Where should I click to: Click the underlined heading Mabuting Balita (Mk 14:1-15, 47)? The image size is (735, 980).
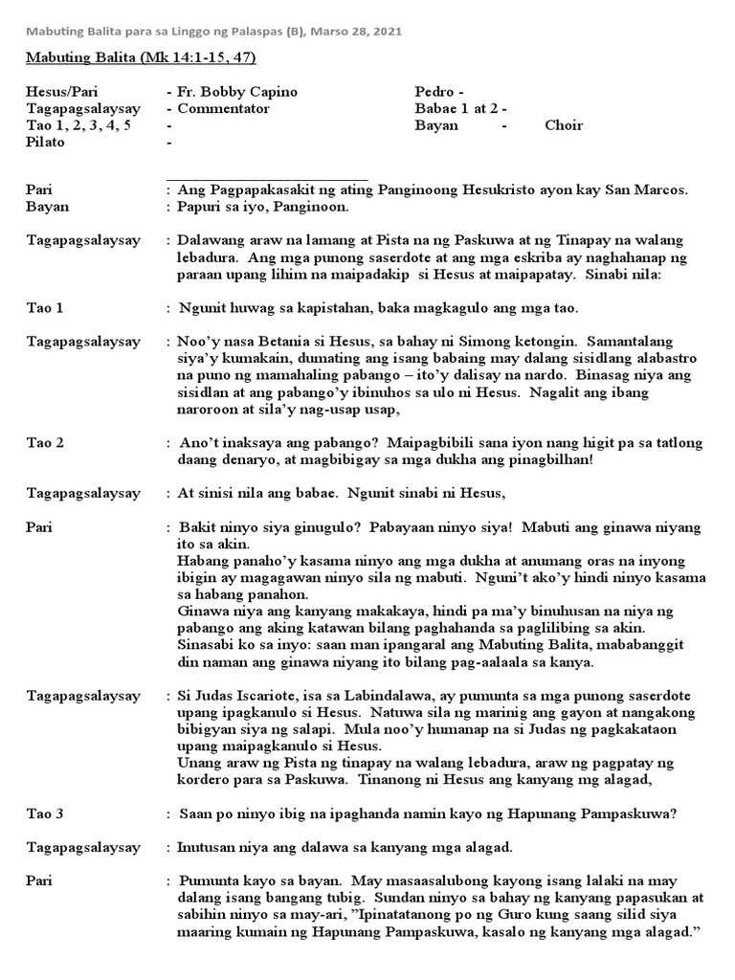(141, 58)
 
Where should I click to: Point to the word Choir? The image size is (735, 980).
(564, 126)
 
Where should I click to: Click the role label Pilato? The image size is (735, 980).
(46, 143)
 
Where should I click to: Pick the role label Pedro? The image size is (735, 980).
(434, 92)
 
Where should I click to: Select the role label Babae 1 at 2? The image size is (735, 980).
(456, 109)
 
